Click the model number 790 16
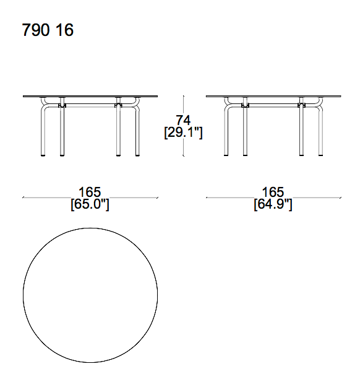click(x=48, y=30)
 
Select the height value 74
click(x=182, y=120)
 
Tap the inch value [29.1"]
click(x=183, y=132)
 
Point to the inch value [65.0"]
click(x=90, y=204)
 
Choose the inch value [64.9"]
click(x=273, y=204)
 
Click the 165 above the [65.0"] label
click(x=90, y=192)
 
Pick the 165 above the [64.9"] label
click(x=273, y=192)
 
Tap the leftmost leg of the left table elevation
click(x=43, y=133)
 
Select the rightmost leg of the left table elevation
click(x=137, y=133)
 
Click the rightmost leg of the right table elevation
click(x=320, y=133)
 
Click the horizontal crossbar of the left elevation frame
click(x=90, y=105)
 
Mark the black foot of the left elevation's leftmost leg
click(x=43, y=155)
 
